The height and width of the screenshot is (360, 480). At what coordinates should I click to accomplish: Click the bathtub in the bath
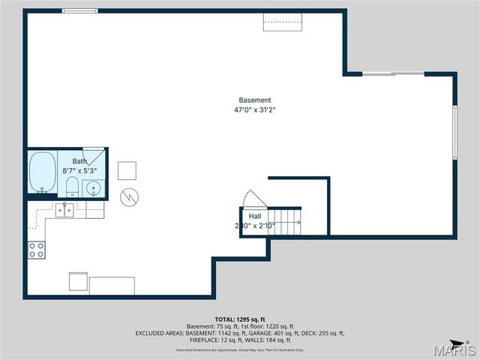pyautogui.click(x=43, y=172)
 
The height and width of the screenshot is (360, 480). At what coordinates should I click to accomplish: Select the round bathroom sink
pyautogui.click(x=93, y=187)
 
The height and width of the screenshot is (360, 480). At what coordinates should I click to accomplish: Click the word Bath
pyautogui.click(x=79, y=161)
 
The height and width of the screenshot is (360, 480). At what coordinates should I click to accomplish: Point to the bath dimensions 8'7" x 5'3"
pyautogui.click(x=79, y=171)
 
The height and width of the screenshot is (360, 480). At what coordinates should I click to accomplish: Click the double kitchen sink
pyautogui.click(x=64, y=210)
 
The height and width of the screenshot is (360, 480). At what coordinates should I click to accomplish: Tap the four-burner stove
pyautogui.click(x=37, y=250)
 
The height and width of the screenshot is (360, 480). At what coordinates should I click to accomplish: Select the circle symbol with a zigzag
pyautogui.click(x=130, y=196)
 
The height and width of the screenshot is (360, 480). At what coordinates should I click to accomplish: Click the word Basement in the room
pyautogui.click(x=255, y=100)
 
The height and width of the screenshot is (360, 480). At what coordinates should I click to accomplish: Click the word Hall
pyautogui.click(x=255, y=216)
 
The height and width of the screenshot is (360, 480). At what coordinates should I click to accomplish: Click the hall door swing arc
pyautogui.click(x=253, y=199)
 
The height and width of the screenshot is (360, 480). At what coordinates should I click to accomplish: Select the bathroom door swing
pyautogui.click(x=93, y=155)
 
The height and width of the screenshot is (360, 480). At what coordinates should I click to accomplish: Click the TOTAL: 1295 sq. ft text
pyautogui.click(x=240, y=318)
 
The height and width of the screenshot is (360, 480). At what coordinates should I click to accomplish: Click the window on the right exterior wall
pyautogui.click(x=454, y=131)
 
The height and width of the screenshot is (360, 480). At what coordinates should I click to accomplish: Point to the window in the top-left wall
pyautogui.click(x=79, y=10)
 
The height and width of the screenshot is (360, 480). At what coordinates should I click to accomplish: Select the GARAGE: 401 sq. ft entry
pyautogui.click(x=272, y=333)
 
